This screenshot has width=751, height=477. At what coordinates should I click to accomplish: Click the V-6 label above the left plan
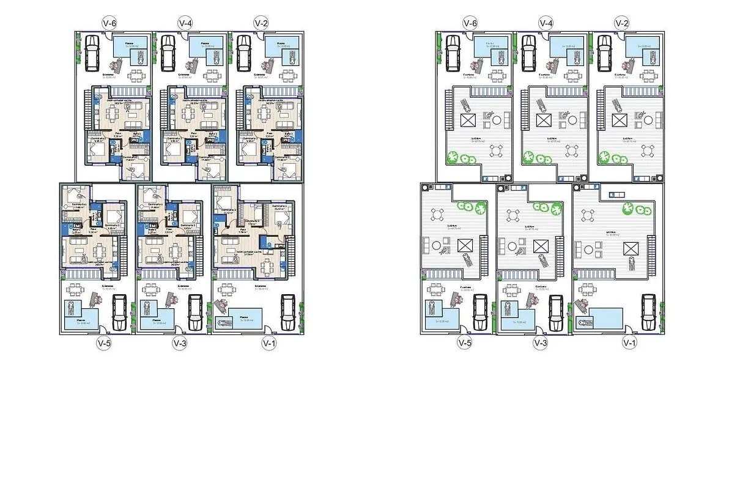pyautogui.click(x=109, y=23)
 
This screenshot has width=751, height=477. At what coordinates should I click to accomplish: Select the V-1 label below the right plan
pyautogui.click(x=629, y=342)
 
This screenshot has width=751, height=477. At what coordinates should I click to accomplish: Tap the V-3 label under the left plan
pyautogui.click(x=180, y=343)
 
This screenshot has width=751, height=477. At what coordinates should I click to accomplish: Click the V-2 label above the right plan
pyautogui.click(x=622, y=23)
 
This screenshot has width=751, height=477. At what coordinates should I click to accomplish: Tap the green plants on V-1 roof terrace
pyautogui.click(x=637, y=210)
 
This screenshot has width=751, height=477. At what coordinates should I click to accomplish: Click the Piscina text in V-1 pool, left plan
pyautogui.click(x=245, y=317)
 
